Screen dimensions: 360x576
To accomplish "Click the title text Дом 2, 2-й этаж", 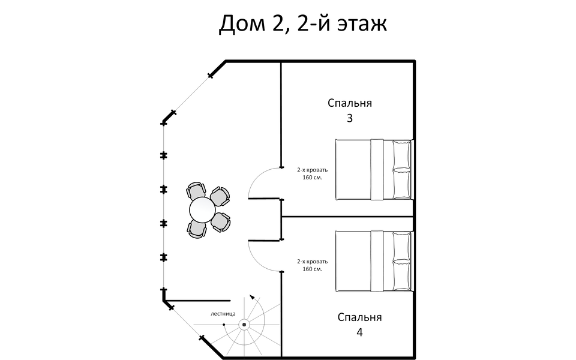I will [x=303, y=24].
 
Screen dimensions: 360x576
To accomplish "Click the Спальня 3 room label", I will [x=349, y=110].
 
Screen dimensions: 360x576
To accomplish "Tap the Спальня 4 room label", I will [x=359, y=324].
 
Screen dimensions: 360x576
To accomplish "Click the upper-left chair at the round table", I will [x=195, y=193].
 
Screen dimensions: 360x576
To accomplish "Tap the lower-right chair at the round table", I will [x=221, y=222].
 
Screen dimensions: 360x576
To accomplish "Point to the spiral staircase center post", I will [x=244, y=325].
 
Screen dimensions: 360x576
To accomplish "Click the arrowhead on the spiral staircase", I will [x=253, y=296].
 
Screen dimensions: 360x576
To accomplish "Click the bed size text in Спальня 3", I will [x=313, y=173].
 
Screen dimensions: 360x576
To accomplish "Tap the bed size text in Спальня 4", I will [x=313, y=265].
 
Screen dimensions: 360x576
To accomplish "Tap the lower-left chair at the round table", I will [x=196, y=228].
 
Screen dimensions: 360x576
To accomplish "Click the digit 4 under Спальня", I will [x=359, y=332].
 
